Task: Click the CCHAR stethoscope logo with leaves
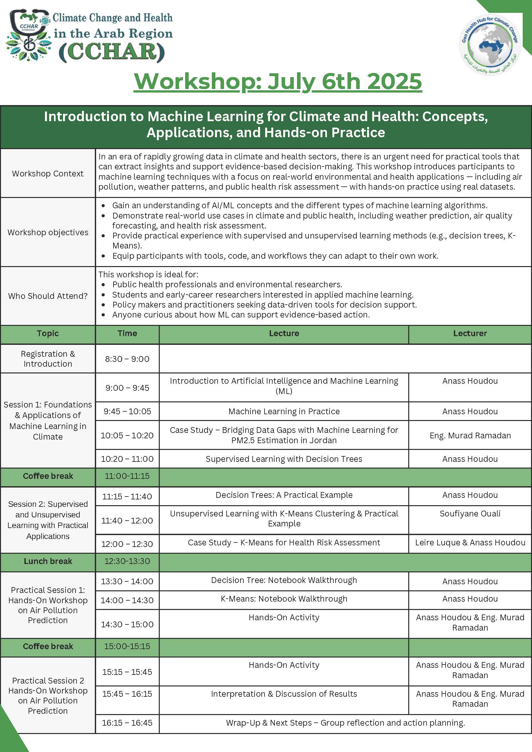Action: pyautogui.click(x=28, y=36)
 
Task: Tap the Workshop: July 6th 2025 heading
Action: pyautogui.click(x=277, y=81)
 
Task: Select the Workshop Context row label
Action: pyautogui.click(x=48, y=174)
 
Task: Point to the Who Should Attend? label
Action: pyautogui.click(x=48, y=296)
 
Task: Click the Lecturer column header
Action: pyautogui.click(x=470, y=334)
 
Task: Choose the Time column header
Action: pyautogui.click(x=127, y=334)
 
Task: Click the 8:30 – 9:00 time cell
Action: pyautogui.click(x=127, y=359)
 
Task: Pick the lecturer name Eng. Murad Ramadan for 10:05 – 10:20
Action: pyautogui.click(x=470, y=435)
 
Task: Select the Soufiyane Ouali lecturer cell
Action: pyautogui.click(x=470, y=514)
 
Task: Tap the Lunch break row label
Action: pyautogui.click(x=48, y=561)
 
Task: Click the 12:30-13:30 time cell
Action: pyautogui.click(x=127, y=561)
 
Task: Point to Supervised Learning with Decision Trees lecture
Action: pyautogui.click(x=284, y=459)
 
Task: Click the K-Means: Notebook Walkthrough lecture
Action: pyautogui.click(x=284, y=599)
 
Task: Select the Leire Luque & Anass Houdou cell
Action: pyautogui.click(x=470, y=542)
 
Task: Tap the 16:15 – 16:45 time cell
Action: pyautogui.click(x=127, y=723)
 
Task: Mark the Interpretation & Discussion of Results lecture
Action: pyautogui.click(x=284, y=694)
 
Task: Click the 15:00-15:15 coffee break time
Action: pyautogui.click(x=127, y=646)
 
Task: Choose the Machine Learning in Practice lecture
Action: pyautogui.click(x=284, y=411)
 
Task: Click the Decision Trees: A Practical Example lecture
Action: pyautogui.click(x=284, y=495)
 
